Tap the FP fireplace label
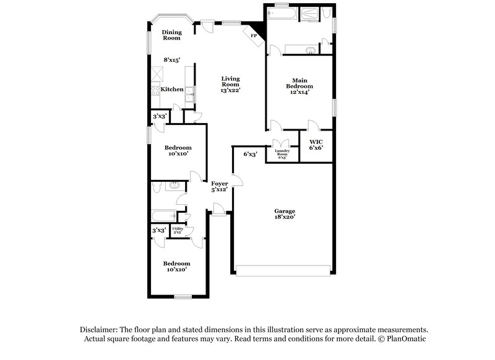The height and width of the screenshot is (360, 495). tap(253, 36)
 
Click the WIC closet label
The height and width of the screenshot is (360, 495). tap(316, 142)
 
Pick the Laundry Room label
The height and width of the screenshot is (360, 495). tap(282, 152)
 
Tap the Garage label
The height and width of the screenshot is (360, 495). tap(285, 211)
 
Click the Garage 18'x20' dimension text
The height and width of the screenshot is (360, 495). tap(285, 218)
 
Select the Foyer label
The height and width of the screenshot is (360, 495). tap(220, 184)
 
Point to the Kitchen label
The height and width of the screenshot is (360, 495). tap(172, 90)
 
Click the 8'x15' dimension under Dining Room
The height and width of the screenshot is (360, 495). tap(172, 60)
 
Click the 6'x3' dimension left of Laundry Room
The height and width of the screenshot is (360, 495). tap(251, 154)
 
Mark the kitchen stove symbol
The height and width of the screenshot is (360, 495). tap(155, 90)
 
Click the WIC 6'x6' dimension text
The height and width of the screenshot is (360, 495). tap(316, 148)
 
